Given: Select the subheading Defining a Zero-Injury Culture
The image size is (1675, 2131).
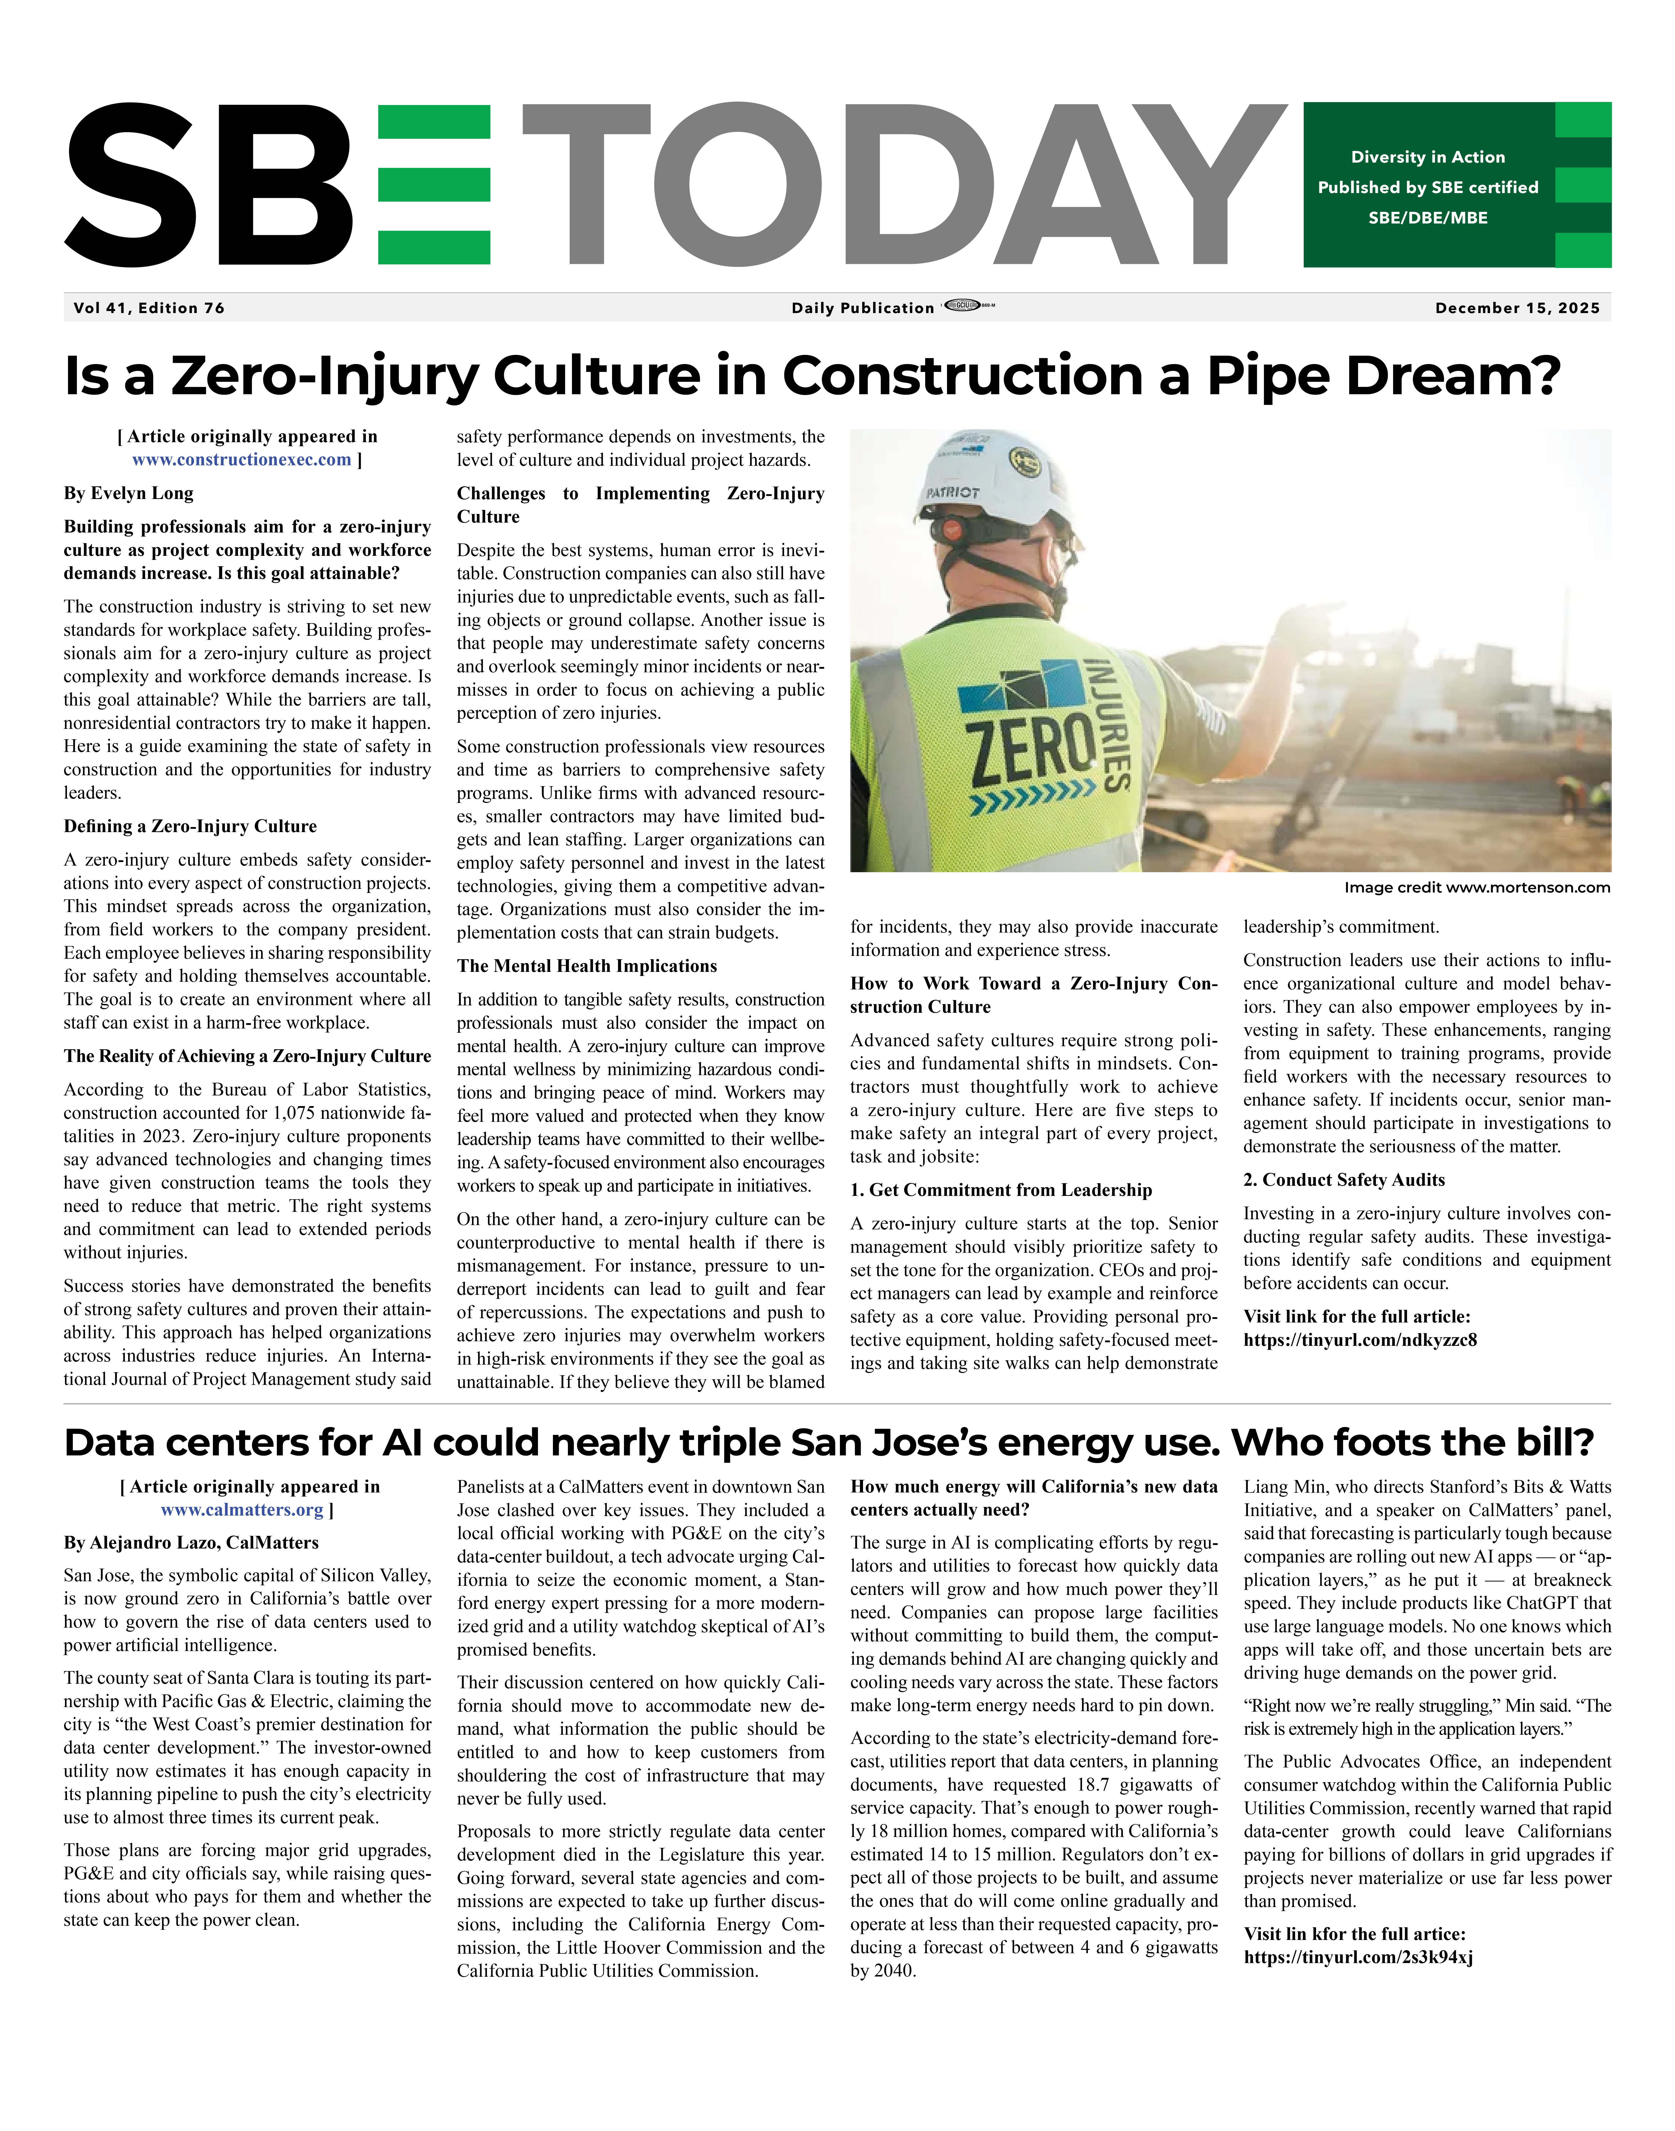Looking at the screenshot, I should (190, 826).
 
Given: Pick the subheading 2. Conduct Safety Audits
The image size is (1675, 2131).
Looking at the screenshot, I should (1344, 1180).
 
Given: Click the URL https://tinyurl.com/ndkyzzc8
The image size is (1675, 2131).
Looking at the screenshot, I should (1360, 1340).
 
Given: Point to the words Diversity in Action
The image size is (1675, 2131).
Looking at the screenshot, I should (1427, 157).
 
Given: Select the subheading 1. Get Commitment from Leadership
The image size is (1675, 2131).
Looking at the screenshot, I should (1000, 1190).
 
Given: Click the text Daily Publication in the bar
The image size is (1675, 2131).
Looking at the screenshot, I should (863, 308).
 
